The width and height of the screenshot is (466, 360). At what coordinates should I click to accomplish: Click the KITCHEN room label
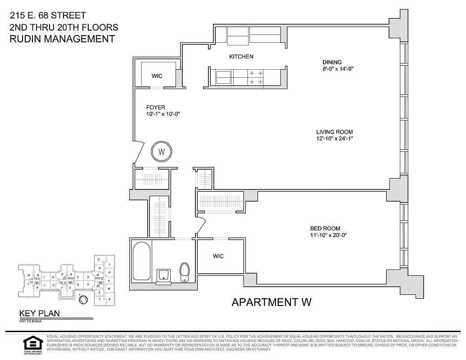pyautogui.click(x=241, y=57)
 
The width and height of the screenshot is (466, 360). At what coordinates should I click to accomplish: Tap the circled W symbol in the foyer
pyautogui.click(x=161, y=151)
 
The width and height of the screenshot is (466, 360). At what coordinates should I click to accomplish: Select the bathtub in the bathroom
pyautogui.click(x=141, y=262)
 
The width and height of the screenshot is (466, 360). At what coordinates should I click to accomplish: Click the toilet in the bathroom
pyautogui.click(x=185, y=273)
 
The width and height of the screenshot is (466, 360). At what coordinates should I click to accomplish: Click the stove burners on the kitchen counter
pyautogui.click(x=256, y=77)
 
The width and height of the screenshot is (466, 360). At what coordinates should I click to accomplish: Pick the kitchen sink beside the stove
pyautogui.click(x=223, y=77)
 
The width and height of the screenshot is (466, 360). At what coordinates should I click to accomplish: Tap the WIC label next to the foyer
pyautogui.click(x=157, y=76)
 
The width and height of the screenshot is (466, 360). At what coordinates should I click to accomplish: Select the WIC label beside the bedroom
pyautogui.click(x=218, y=256)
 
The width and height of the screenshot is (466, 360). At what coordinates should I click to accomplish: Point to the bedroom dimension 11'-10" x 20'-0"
pyautogui.click(x=328, y=235)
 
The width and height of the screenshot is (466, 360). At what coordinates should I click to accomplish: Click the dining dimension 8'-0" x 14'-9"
pyautogui.click(x=334, y=69)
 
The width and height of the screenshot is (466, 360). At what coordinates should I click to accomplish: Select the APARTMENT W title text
pyautogui.click(x=271, y=302)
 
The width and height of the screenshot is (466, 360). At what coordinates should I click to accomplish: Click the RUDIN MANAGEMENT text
pyautogui.click(x=62, y=39)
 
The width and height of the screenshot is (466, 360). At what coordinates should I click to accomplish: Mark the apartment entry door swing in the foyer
pyautogui.click(x=138, y=153)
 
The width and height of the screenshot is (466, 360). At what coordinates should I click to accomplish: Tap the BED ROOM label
pyautogui.click(x=325, y=228)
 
